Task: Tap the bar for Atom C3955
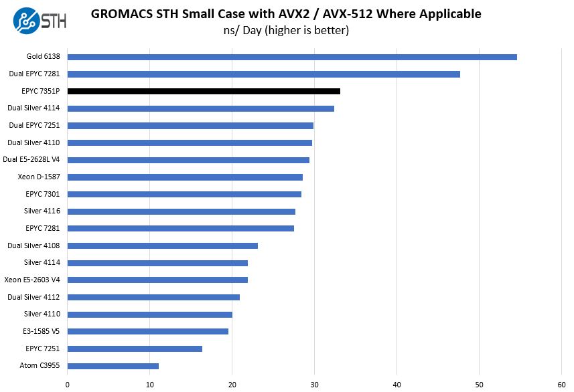click(x=113, y=366)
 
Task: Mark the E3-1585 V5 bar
click(x=148, y=331)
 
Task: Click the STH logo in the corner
click(x=40, y=20)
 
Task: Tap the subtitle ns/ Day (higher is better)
click(x=286, y=30)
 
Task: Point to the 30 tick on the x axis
click(x=314, y=384)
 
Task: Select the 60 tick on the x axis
click(x=561, y=384)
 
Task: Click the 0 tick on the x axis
click(x=68, y=384)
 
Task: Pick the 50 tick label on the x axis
click(x=479, y=384)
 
